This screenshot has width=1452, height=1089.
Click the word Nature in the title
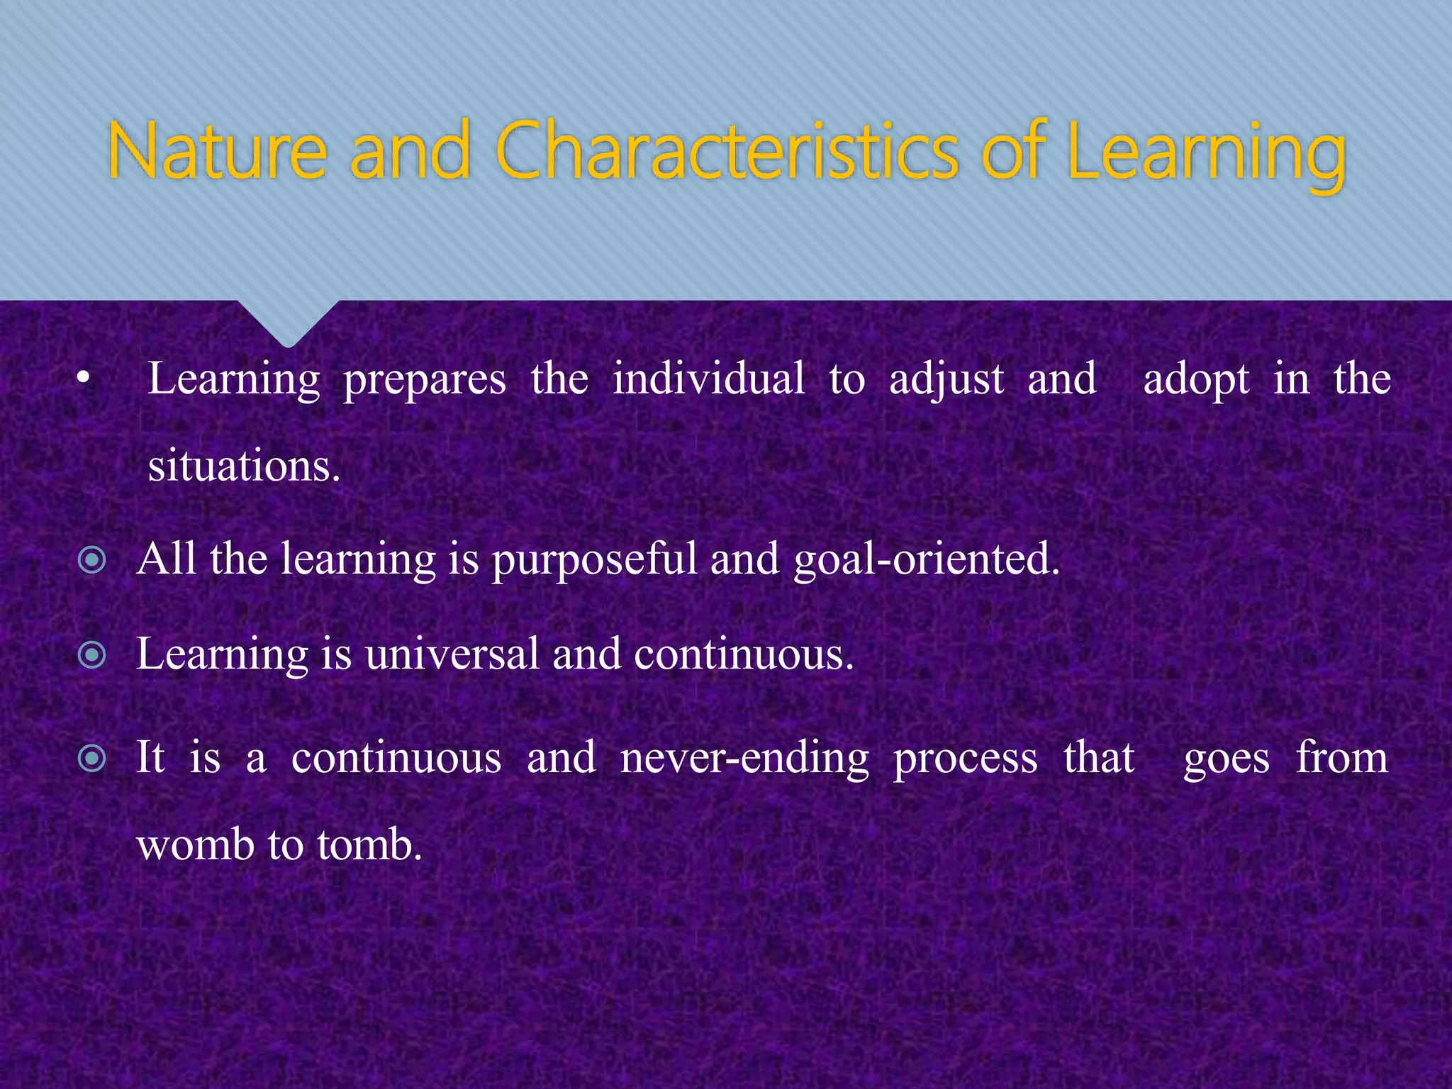tap(217, 151)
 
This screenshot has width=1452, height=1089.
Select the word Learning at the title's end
tap(1205, 155)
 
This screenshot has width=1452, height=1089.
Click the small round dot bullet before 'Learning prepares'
tap(84, 380)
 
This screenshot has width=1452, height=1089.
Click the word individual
tap(708, 379)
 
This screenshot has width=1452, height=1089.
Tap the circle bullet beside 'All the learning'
tap(92, 561)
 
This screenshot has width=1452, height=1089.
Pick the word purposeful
tap(595, 561)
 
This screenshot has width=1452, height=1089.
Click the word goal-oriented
tap(926, 561)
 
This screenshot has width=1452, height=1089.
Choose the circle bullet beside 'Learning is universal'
tap(92, 656)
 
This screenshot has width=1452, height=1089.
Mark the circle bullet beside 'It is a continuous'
tap(92, 759)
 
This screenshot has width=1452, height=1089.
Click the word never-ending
tap(744, 759)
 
